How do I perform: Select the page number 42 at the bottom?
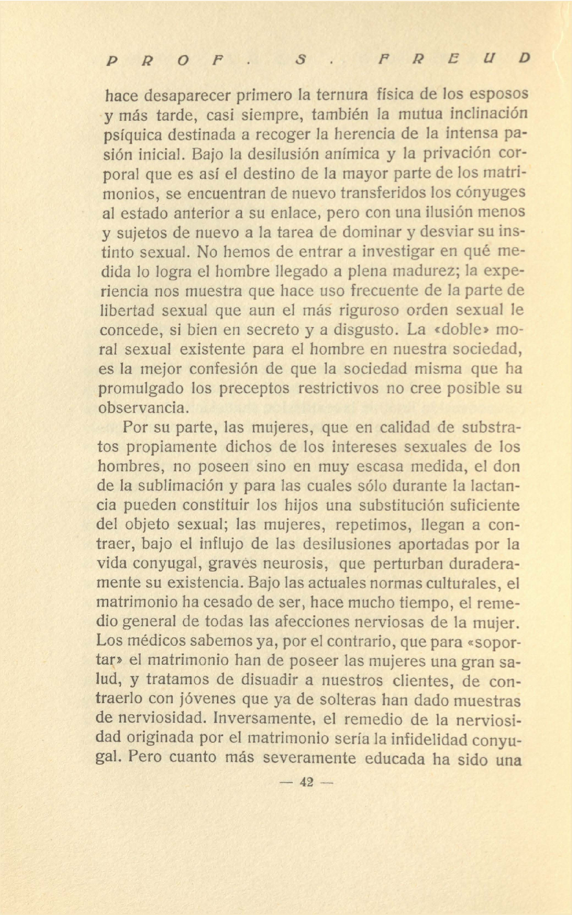[307, 782]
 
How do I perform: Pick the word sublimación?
[180, 486]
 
